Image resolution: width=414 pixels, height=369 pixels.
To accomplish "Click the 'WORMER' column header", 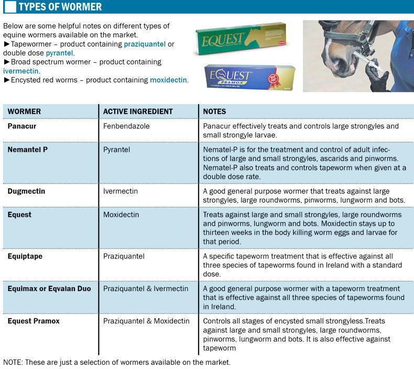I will (x=24, y=112).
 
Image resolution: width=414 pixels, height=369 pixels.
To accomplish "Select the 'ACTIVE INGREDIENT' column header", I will (x=138, y=112).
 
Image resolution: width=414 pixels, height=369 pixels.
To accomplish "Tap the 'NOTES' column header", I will (x=214, y=112).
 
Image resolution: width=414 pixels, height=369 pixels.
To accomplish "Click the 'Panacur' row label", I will (x=21, y=126).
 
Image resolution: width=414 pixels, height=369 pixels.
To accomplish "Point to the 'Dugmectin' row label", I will (x=26, y=191).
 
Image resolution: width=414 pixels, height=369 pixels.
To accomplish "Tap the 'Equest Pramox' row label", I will (x=34, y=320).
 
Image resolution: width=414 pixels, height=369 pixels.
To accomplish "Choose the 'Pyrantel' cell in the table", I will (x=117, y=149).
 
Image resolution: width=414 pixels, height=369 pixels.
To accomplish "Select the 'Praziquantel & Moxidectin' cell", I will (x=146, y=320).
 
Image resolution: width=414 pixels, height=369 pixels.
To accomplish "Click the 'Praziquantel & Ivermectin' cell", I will (x=146, y=289).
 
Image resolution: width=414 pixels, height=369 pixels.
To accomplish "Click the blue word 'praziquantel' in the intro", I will (x=145, y=45).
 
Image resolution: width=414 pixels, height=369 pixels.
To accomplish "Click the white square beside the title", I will (x=9, y=7).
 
